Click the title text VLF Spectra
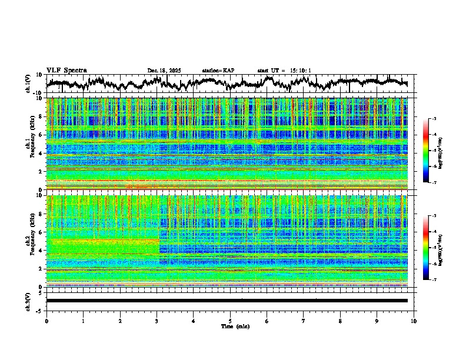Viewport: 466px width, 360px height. tap(66, 71)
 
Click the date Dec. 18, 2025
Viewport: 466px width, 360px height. tap(164, 71)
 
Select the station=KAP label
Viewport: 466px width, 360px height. tap(218, 71)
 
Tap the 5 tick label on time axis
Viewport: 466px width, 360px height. tap(230, 321)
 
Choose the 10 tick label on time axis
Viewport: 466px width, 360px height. tap(414, 321)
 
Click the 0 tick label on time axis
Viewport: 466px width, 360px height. tap(46, 321)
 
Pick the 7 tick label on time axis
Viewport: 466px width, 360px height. tap(304, 321)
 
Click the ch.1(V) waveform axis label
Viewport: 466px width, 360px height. tap(28, 83)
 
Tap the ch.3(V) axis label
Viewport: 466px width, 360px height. tap(28, 300)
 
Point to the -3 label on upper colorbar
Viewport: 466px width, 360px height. tap(434, 119)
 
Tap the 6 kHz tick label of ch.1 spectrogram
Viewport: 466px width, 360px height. tap(41, 135)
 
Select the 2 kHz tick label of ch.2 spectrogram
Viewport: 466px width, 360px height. tap(41, 269)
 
